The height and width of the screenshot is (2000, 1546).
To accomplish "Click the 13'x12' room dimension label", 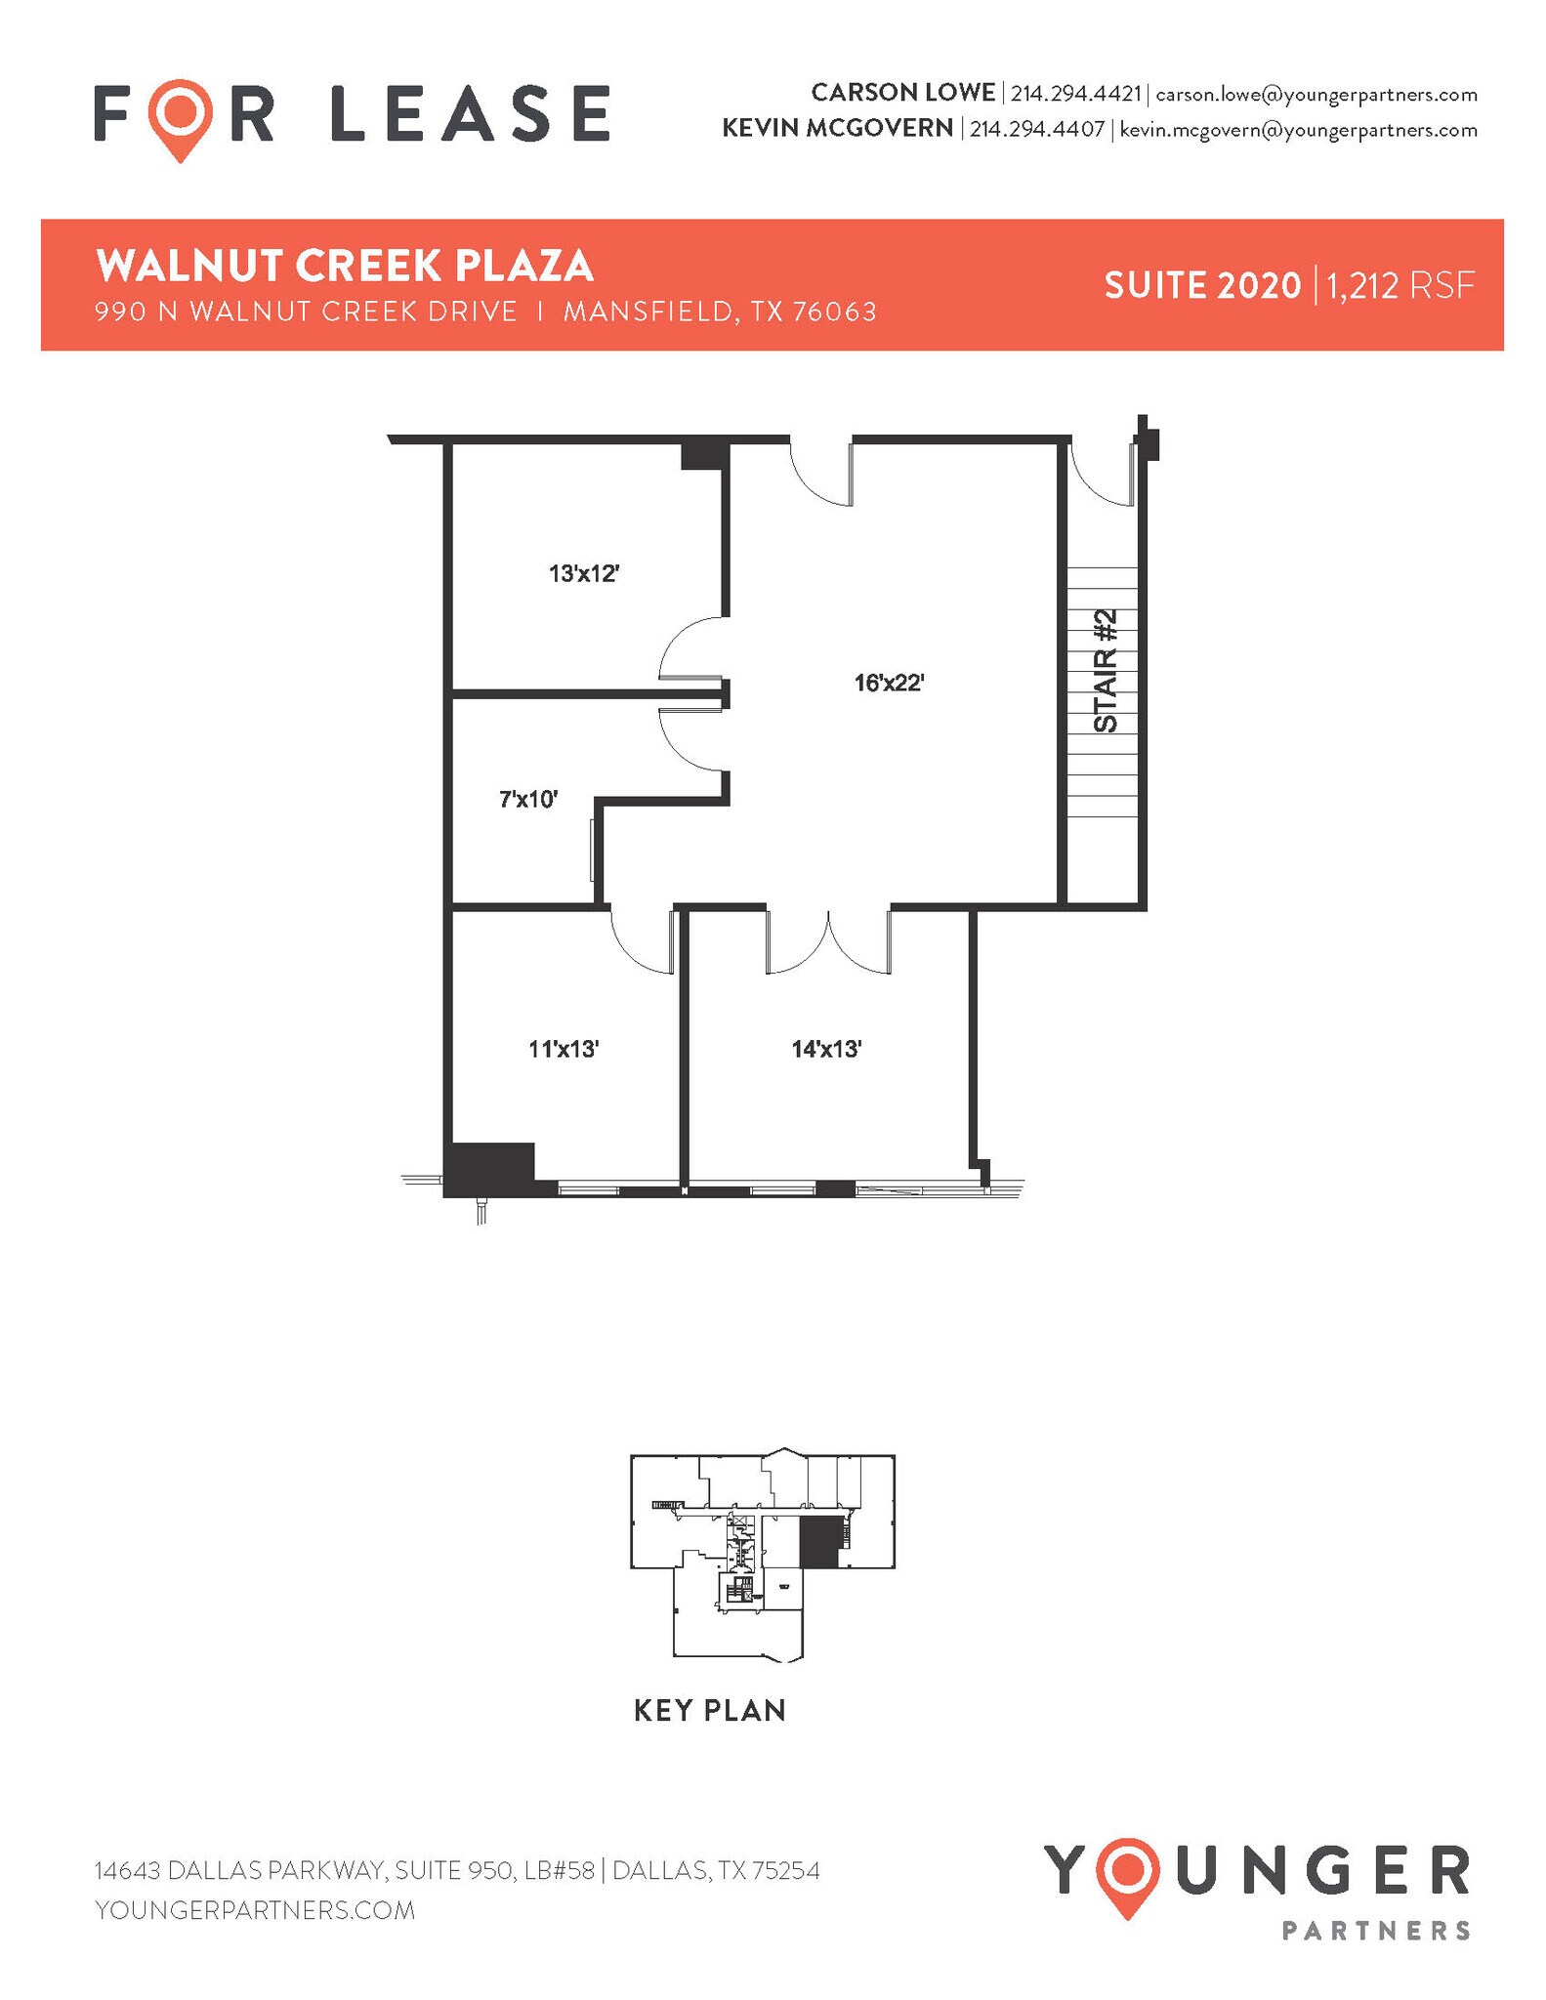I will click(x=584, y=573).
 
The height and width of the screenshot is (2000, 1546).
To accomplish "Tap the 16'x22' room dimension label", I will click(x=889, y=683).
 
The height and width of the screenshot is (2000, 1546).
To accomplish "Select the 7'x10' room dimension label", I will click(x=528, y=800).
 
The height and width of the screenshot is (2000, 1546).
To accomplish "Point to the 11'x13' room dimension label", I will click(x=564, y=1049).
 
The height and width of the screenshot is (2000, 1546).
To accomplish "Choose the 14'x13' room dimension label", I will click(x=826, y=1049).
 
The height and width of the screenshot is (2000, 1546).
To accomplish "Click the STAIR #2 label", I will click(x=1105, y=671).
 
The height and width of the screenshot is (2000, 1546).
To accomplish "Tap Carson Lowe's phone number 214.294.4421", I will click(x=1075, y=95).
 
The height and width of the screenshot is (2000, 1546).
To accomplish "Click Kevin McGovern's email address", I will click(x=1298, y=130).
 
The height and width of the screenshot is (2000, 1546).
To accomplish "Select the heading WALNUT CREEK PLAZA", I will click(x=345, y=266).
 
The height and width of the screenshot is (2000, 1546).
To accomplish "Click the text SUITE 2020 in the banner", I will click(x=1202, y=286).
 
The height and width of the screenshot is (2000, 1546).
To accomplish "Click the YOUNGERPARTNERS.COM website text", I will click(x=255, y=1909).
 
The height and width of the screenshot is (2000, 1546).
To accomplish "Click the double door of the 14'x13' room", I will click(x=828, y=942).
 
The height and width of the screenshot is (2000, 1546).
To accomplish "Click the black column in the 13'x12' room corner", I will click(x=703, y=456).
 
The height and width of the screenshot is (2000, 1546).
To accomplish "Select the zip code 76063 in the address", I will click(x=834, y=312).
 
